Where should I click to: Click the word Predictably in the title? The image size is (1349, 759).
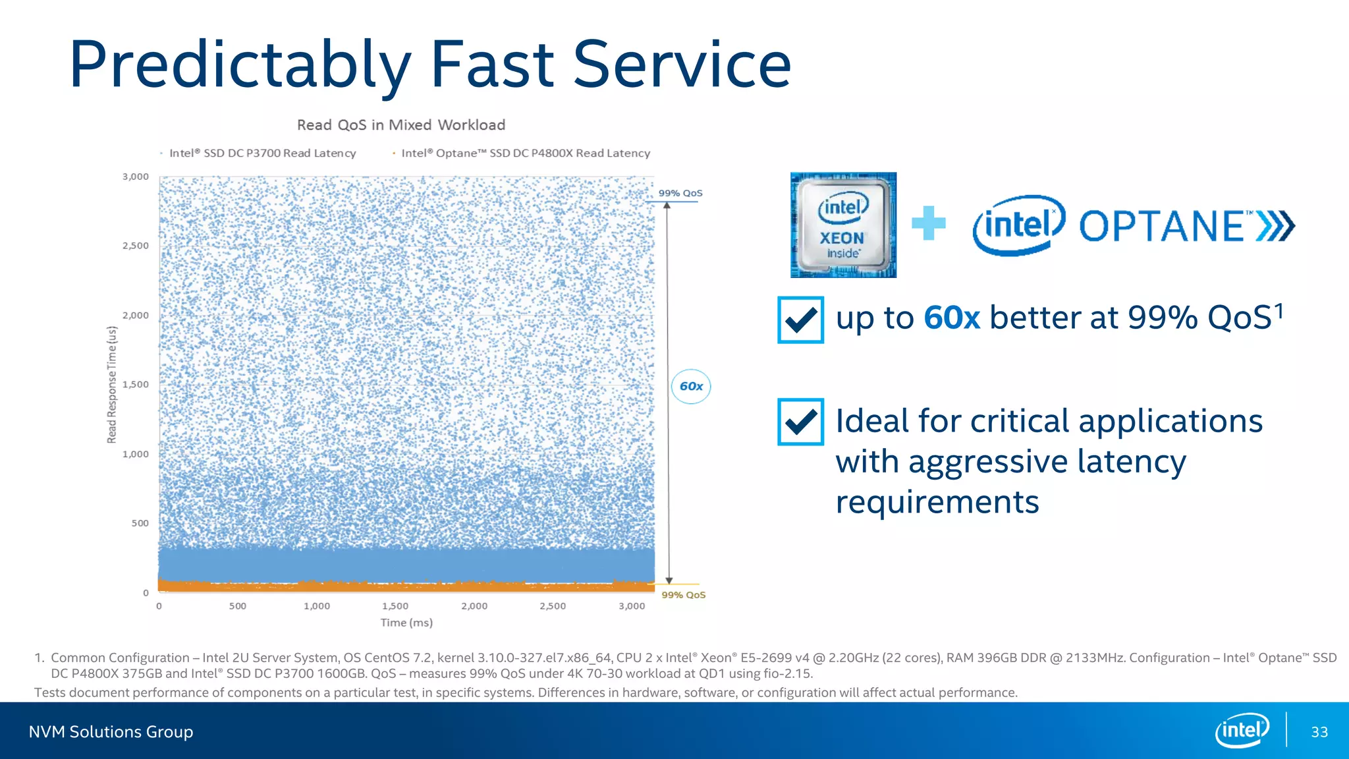pos(240,66)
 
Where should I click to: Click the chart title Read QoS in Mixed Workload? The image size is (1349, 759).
pos(401,125)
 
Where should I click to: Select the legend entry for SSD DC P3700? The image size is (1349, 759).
pos(262,153)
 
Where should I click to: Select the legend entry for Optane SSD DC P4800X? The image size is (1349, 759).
pos(525,153)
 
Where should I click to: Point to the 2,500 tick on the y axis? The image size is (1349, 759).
pos(136,246)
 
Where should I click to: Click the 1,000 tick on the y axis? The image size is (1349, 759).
pos(136,454)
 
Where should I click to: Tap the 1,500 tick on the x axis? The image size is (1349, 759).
pos(395,606)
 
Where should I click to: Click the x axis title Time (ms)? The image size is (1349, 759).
pos(406,623)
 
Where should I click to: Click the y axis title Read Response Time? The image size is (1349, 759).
pos(112,385)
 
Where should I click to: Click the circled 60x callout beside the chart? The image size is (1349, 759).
pos(691,387)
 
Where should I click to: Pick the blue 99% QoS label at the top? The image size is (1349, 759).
pos(680,193)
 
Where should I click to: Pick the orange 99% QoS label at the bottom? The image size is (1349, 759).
pos(683,595)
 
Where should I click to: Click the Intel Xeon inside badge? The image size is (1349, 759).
pos(843,225)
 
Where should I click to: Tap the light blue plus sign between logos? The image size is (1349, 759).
pos(929,223)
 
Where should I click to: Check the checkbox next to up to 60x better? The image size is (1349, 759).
pos(800,320)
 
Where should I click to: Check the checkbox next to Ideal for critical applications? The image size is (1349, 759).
pos(800,422)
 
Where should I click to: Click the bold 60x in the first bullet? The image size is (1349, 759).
pos(951,318)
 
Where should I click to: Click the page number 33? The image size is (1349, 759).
pos(1319,732)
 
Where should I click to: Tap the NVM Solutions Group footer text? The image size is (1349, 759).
pos(111,732)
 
